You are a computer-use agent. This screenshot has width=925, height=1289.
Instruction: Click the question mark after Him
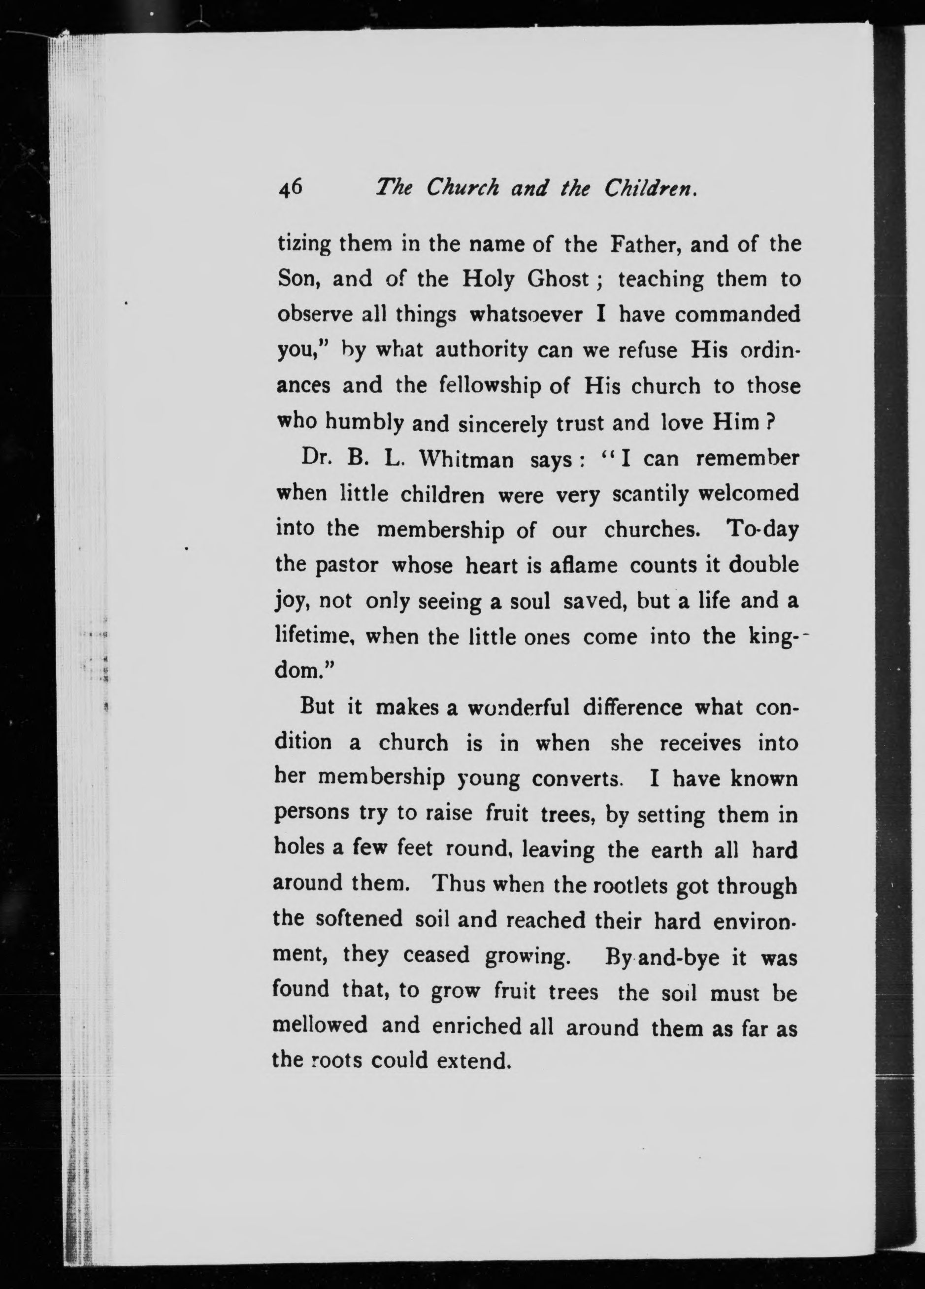[771, 422]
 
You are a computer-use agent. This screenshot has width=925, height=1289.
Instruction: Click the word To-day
[762, 529]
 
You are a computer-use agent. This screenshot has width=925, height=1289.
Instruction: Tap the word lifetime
[315, 636]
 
